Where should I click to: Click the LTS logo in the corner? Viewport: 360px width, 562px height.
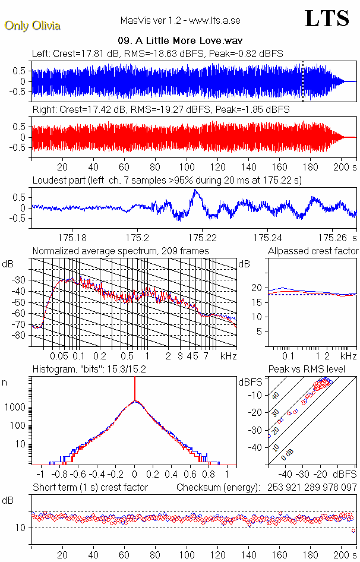click(326, 18)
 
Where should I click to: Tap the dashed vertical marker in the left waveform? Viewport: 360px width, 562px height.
click(303, 81)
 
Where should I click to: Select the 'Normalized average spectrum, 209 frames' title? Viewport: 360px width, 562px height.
click(121, 251)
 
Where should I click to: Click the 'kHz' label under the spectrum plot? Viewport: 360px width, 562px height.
click(228, 356)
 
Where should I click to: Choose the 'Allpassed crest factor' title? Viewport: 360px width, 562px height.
click(313, 251)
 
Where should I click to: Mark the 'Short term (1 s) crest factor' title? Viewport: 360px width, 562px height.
click(90, 487)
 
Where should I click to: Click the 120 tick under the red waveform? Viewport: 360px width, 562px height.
click(218, 167)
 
